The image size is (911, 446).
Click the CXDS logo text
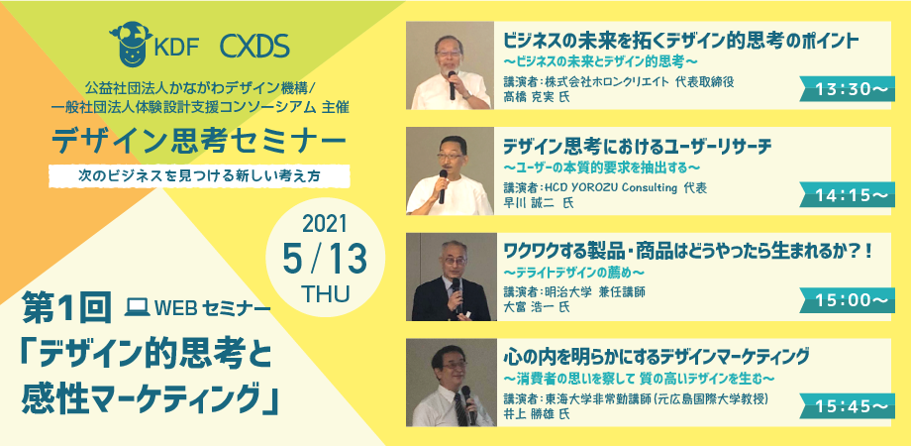254,48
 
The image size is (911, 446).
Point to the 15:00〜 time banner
847,300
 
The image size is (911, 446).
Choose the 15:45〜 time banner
847,405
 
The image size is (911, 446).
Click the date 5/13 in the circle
325,260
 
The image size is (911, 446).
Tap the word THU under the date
326,294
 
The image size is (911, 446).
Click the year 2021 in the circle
325,224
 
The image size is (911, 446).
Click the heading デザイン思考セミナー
199,142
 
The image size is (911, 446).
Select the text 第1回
66,307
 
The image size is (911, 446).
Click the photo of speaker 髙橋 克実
450,65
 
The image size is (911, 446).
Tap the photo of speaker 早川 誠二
450,170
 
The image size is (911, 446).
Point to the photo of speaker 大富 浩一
450,277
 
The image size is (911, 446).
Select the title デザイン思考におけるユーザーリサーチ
637,147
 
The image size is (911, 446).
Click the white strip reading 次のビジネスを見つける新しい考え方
199,176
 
